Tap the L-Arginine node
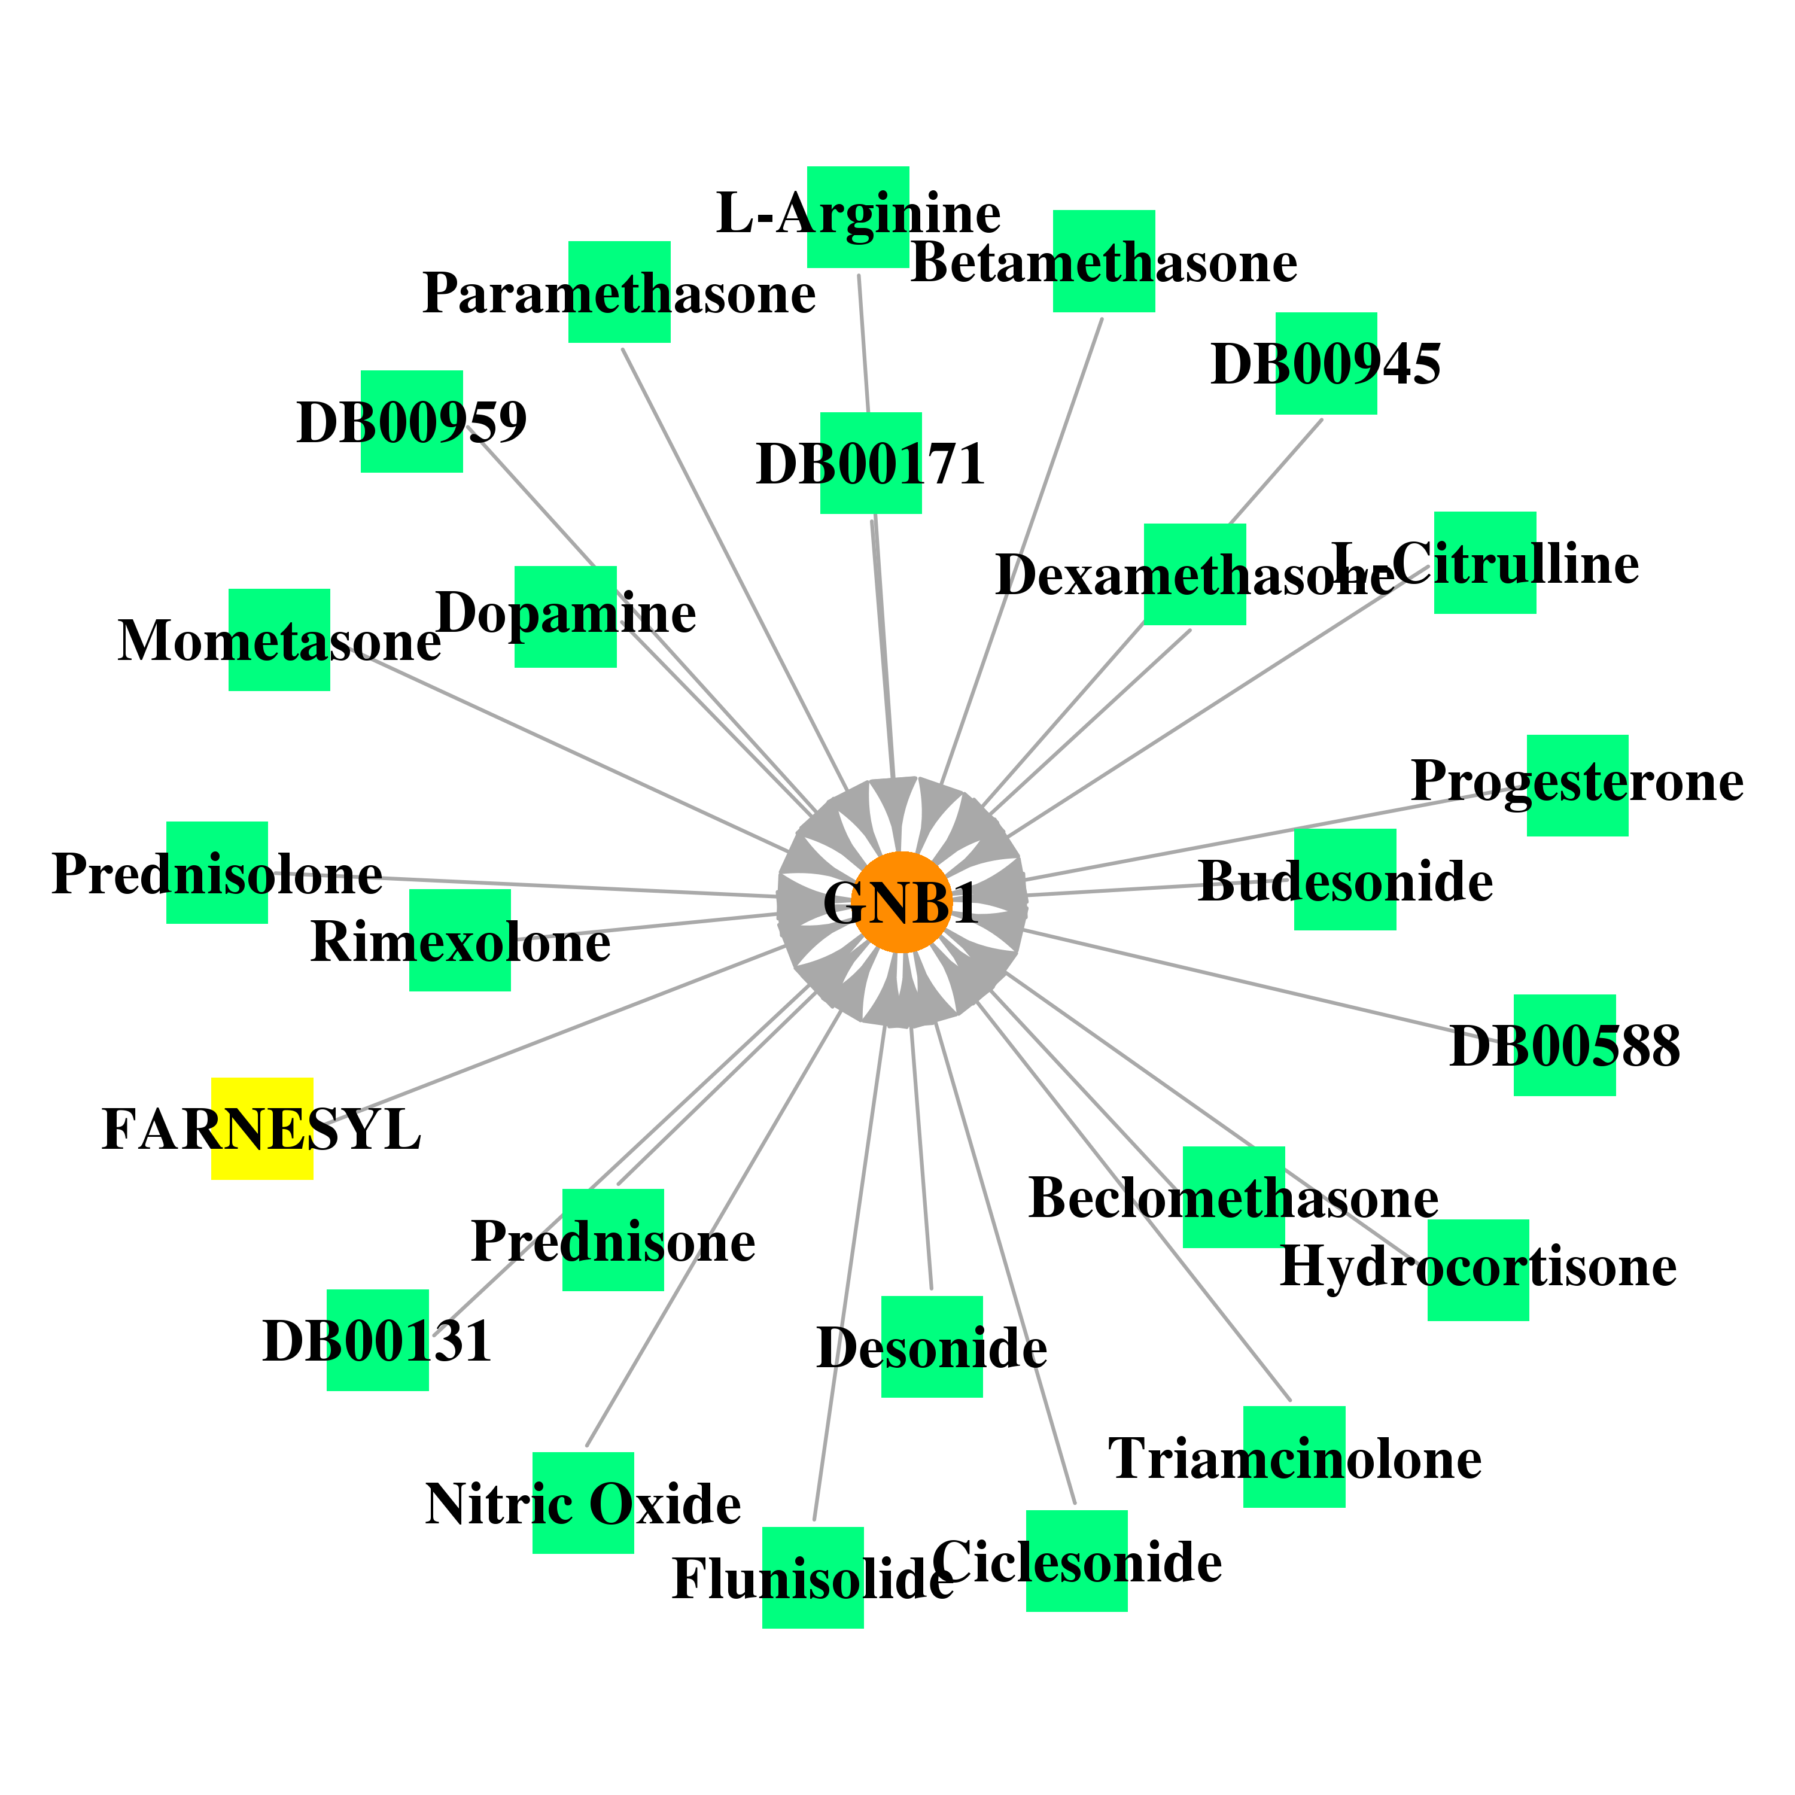(857, 217)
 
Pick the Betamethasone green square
(1104, 261)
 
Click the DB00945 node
(1326, 363)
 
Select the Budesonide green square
(1345, 880)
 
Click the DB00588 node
(1565, 1045)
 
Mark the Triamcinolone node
(1294, 1457)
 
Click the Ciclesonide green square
(1077, 1561)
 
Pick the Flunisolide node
(813, 1578)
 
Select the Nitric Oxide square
(583, 1503)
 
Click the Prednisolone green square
(217, 872)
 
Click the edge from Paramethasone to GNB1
(734, 570)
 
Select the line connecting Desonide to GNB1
(921, 1158)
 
